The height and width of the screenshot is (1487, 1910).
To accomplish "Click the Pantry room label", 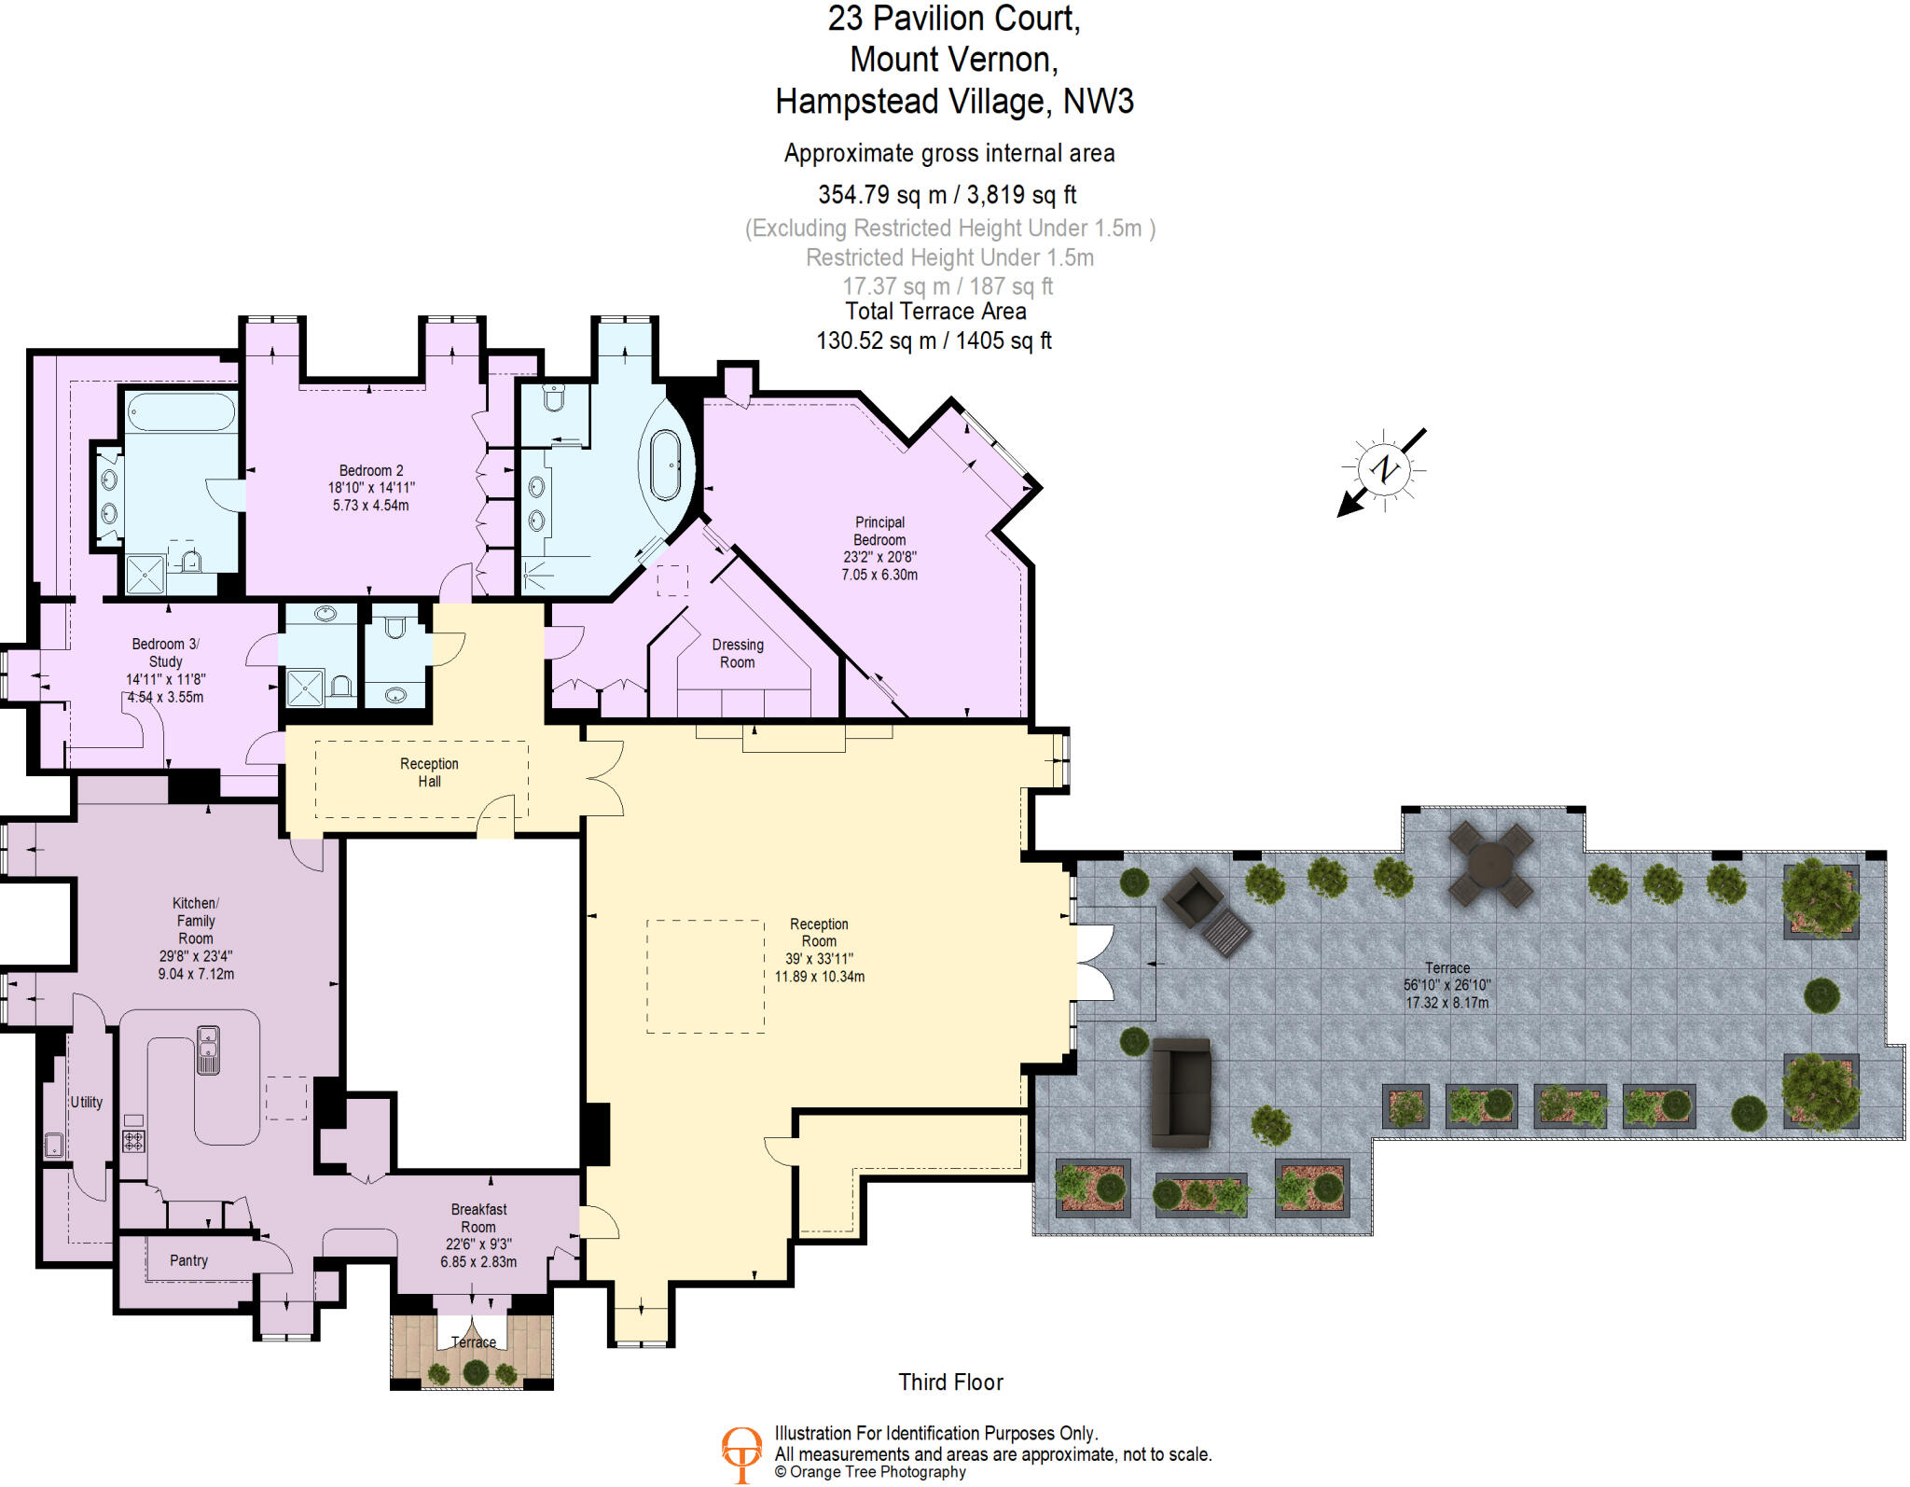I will pos(188,1260).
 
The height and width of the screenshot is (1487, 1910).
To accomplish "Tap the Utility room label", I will pos(87,1102).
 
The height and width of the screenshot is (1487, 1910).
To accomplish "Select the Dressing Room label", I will pos(737,653).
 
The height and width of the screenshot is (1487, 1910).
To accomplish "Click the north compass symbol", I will pos(1384,469).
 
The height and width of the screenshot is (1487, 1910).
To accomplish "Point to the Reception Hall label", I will pos(429,771).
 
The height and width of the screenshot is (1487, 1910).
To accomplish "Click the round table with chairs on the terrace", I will pos(1491,865).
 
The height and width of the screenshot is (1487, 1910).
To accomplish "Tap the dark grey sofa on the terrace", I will pos(1182,1092).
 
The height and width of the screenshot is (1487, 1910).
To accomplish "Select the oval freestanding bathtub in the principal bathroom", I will pos(666,465).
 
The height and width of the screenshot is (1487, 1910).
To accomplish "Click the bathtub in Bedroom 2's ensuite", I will pos(182,411).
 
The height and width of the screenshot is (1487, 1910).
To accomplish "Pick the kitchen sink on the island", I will pos(207,1049).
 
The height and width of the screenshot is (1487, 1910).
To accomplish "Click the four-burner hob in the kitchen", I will pos(133,1140).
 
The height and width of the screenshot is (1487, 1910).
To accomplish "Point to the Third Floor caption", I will pos(950,1382).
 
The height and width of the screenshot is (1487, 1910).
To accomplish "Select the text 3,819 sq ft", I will pos(1021,194).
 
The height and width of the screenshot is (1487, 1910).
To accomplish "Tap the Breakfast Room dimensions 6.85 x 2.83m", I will pos(478,1261).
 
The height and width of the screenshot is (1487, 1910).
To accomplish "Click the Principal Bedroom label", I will pos(879,531).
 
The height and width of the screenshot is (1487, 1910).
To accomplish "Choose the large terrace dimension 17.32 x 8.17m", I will pos(1446,1002).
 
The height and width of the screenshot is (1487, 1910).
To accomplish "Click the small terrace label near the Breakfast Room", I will pos(473,1341).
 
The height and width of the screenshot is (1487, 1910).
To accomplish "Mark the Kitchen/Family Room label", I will pos(196,920).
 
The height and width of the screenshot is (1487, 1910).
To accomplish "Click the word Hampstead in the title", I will pos(856,101).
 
